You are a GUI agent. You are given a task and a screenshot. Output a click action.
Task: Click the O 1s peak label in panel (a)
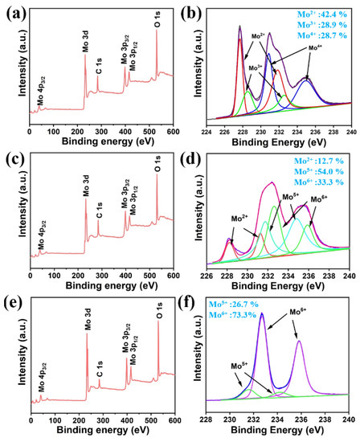pos(157,16)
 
